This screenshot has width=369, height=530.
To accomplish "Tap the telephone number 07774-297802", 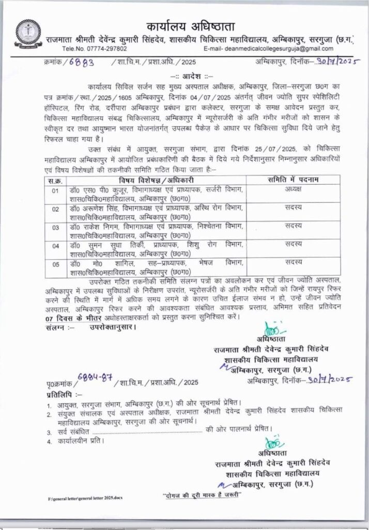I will [101, 49].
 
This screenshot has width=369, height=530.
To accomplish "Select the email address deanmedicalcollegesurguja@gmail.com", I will [282, 49].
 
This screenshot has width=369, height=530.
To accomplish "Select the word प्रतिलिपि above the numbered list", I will [60, 394].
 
